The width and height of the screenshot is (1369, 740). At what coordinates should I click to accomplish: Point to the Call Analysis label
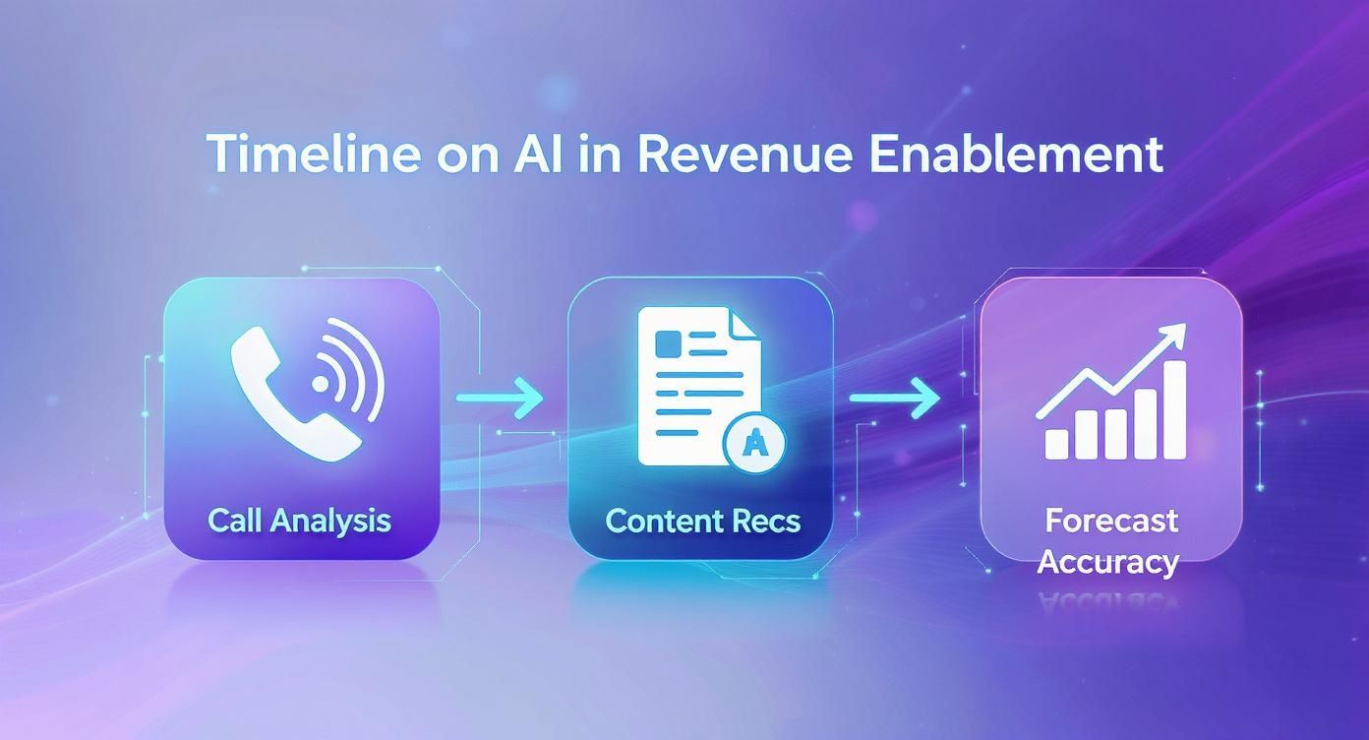click(299, 520)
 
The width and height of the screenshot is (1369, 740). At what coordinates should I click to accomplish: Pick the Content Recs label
click(702, 521)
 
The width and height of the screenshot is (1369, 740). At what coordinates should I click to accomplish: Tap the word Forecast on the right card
click(1111, 520)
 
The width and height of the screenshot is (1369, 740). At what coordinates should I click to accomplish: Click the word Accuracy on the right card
click(1107, 561)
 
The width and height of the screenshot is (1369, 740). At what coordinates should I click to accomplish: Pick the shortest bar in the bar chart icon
click(1056, 443)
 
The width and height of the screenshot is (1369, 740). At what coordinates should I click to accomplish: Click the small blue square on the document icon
click(668, 343)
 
